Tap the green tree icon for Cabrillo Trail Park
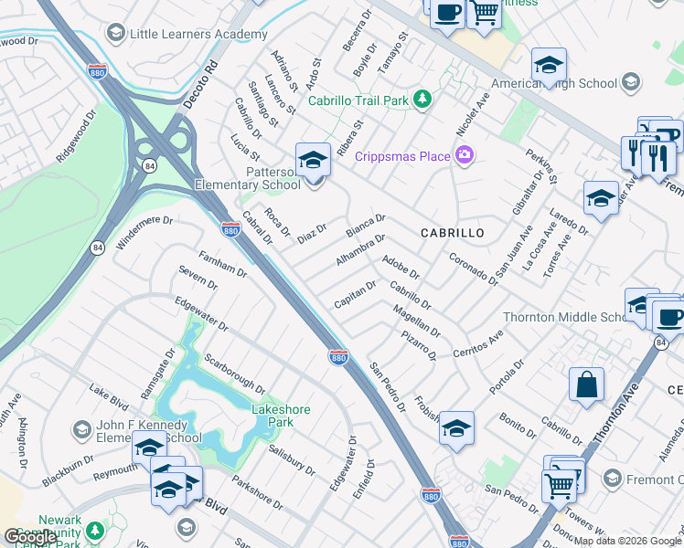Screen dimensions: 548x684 (x=422, y=99)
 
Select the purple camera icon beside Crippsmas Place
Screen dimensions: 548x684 (x=465, y=155)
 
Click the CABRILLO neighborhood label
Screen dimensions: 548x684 (x=452, y=234)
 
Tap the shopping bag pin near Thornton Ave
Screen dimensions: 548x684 (x=586, y=384)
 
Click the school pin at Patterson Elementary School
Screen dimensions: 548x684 (x=313, y=161)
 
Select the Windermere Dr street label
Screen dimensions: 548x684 (x=144, y=233)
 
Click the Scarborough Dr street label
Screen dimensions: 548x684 (x=234, y=374)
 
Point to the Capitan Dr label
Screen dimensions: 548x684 (x=355, y=294)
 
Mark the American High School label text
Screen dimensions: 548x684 (x=554, y=84)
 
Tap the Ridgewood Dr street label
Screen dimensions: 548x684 (x=76, y=138)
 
